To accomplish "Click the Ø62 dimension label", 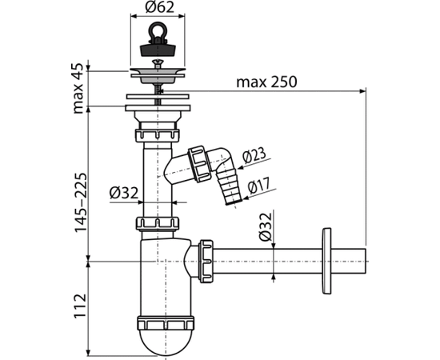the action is tap(160, 7).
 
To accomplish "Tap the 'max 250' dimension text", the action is tap(266, 82).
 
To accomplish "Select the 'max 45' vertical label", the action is tap(78, 88).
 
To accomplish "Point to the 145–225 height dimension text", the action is tap(81, 202).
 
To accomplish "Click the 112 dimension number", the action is tap(80, 306).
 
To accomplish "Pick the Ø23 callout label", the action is tap(254, 155).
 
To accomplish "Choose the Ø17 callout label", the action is tap(259, 186).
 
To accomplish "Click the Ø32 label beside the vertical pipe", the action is tap(124, 193).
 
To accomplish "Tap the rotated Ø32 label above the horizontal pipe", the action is tap(266, 227).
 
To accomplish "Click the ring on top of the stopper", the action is tap(158, 31).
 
